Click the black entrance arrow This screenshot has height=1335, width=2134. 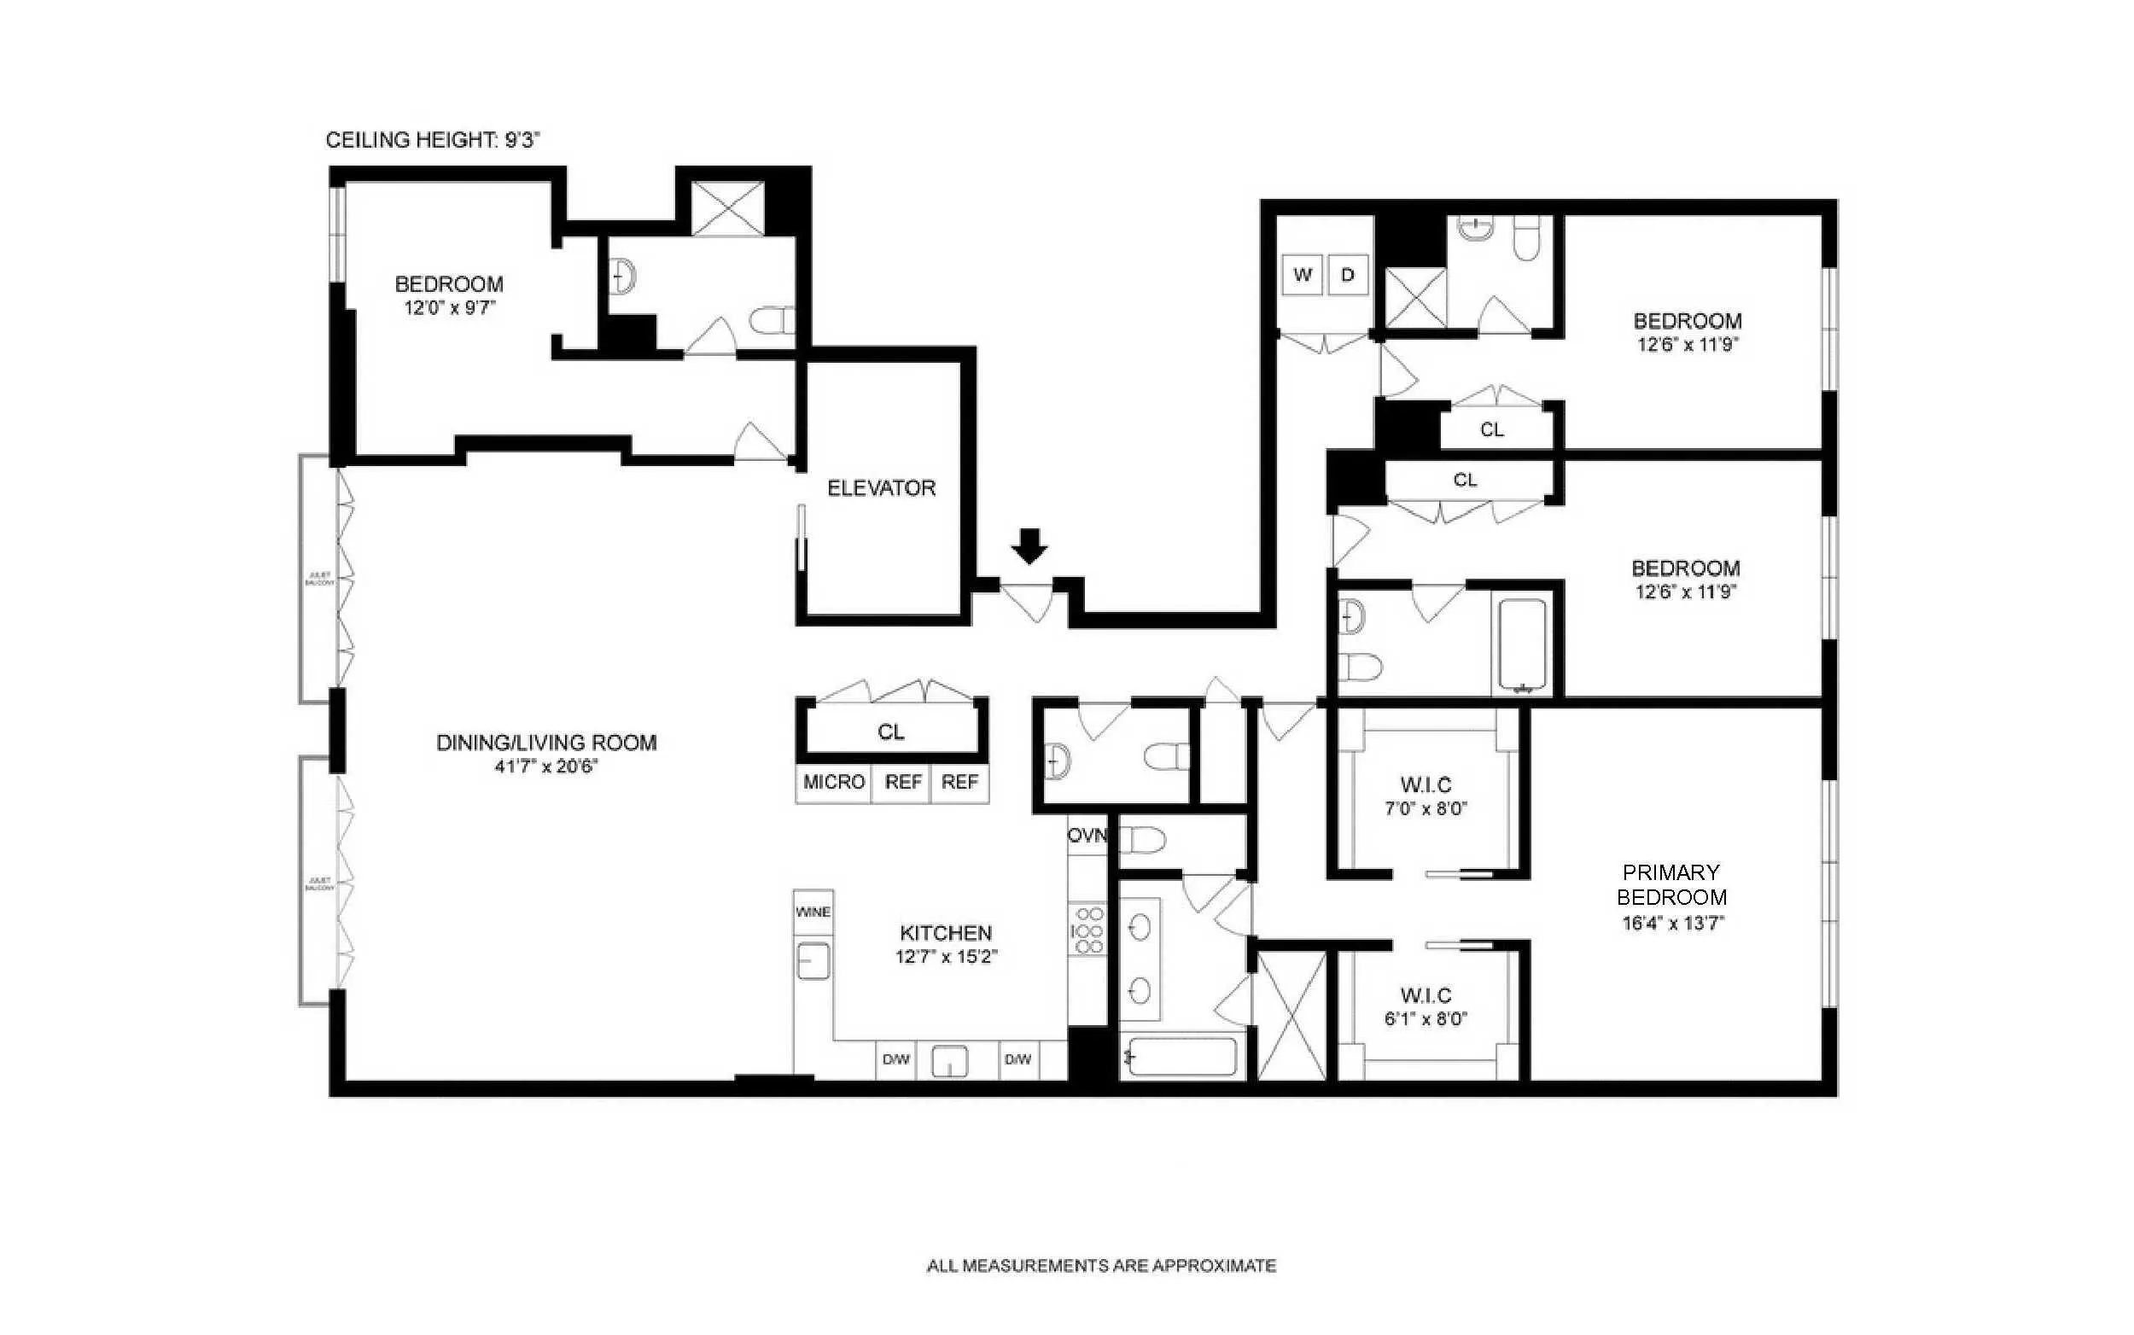tap(1029, 545)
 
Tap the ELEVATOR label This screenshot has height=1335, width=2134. tap(880, 488)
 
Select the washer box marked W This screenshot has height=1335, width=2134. tap(1303, 275)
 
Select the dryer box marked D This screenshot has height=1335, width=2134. tap(1347, 275)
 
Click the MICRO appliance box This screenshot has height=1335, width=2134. tap(832, 782)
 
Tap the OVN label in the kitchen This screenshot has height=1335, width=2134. tap(1086, 836)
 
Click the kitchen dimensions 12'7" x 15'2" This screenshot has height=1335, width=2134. tap(946, 956)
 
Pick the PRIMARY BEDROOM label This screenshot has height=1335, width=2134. tap(1670, 884)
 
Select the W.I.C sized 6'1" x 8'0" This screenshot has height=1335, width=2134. tap(1425, 1006)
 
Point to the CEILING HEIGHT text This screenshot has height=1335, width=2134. tap(432, 139)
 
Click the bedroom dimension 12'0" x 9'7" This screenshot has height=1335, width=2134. tap(449, 308)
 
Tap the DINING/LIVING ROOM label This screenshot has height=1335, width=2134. tap(545, 743)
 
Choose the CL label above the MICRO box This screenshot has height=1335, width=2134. tap(890, 732)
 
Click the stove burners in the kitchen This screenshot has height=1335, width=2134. tap(1087, 930)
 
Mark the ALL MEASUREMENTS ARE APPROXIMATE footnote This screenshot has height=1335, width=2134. tap(1100, 1265)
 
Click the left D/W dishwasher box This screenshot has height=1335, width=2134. tap(895, 1059)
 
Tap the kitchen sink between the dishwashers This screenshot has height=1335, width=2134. tap(950, 1060)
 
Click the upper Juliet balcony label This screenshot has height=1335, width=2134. tap(318, 580)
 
